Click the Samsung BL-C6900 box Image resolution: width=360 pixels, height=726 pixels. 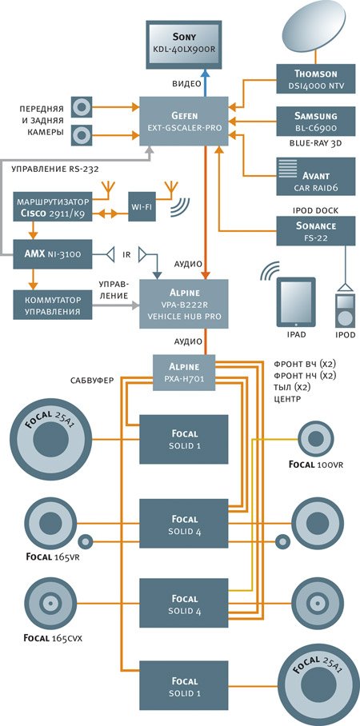click(316, 121)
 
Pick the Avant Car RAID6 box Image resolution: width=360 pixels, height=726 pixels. click(316, 177)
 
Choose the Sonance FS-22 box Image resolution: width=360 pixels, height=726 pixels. click(316, 231)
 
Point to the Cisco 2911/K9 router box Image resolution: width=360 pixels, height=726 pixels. click(52, 206)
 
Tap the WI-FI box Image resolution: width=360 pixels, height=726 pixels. click(142, 206)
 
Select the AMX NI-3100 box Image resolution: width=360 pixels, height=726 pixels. click(52, 253)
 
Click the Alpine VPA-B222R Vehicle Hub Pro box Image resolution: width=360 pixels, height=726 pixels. click(184, 304)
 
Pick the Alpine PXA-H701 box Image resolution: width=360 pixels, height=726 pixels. click(184, 373)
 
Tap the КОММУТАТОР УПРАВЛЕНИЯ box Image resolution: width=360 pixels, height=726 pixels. click(52, 305)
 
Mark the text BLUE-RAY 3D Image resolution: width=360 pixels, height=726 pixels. click(316, 143)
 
